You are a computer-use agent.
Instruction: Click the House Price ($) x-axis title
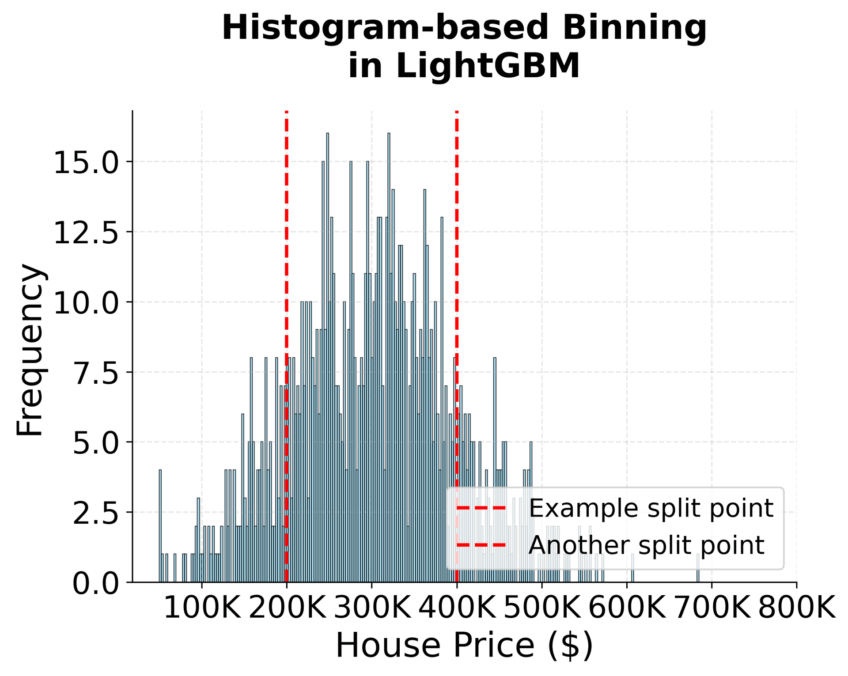click(x=464, y=646)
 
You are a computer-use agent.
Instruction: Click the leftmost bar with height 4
click(x=160, y=525)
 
